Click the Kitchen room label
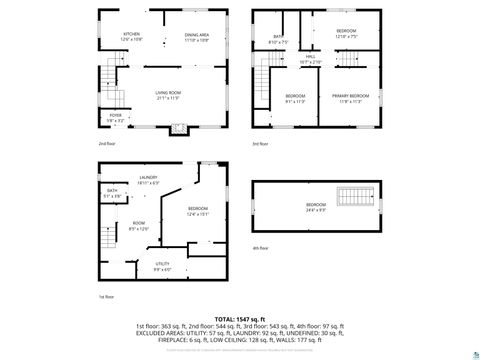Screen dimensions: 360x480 pos(131,34)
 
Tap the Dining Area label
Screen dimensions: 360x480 pos(196,35)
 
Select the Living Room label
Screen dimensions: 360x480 pos(167,92)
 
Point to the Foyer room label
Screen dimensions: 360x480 pos(116,115)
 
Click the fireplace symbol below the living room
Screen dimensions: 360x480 pos(177,128)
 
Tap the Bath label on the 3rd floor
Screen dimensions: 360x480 pos(277,39)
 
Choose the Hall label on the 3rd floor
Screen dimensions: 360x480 pos(311,56)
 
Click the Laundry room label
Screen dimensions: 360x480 pos(148,177)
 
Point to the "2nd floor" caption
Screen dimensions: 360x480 pos(106,144)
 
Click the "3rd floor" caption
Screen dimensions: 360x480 pos(260,144)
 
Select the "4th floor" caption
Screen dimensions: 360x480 pos(260,247)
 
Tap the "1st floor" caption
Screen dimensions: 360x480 pos(106,297)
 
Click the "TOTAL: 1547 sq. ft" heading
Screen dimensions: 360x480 pos(239,318)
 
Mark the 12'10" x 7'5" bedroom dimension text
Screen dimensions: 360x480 pos(346,37)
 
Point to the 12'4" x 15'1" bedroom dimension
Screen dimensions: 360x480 pos(197,213)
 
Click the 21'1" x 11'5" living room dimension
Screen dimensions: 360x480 pos(167,98)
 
